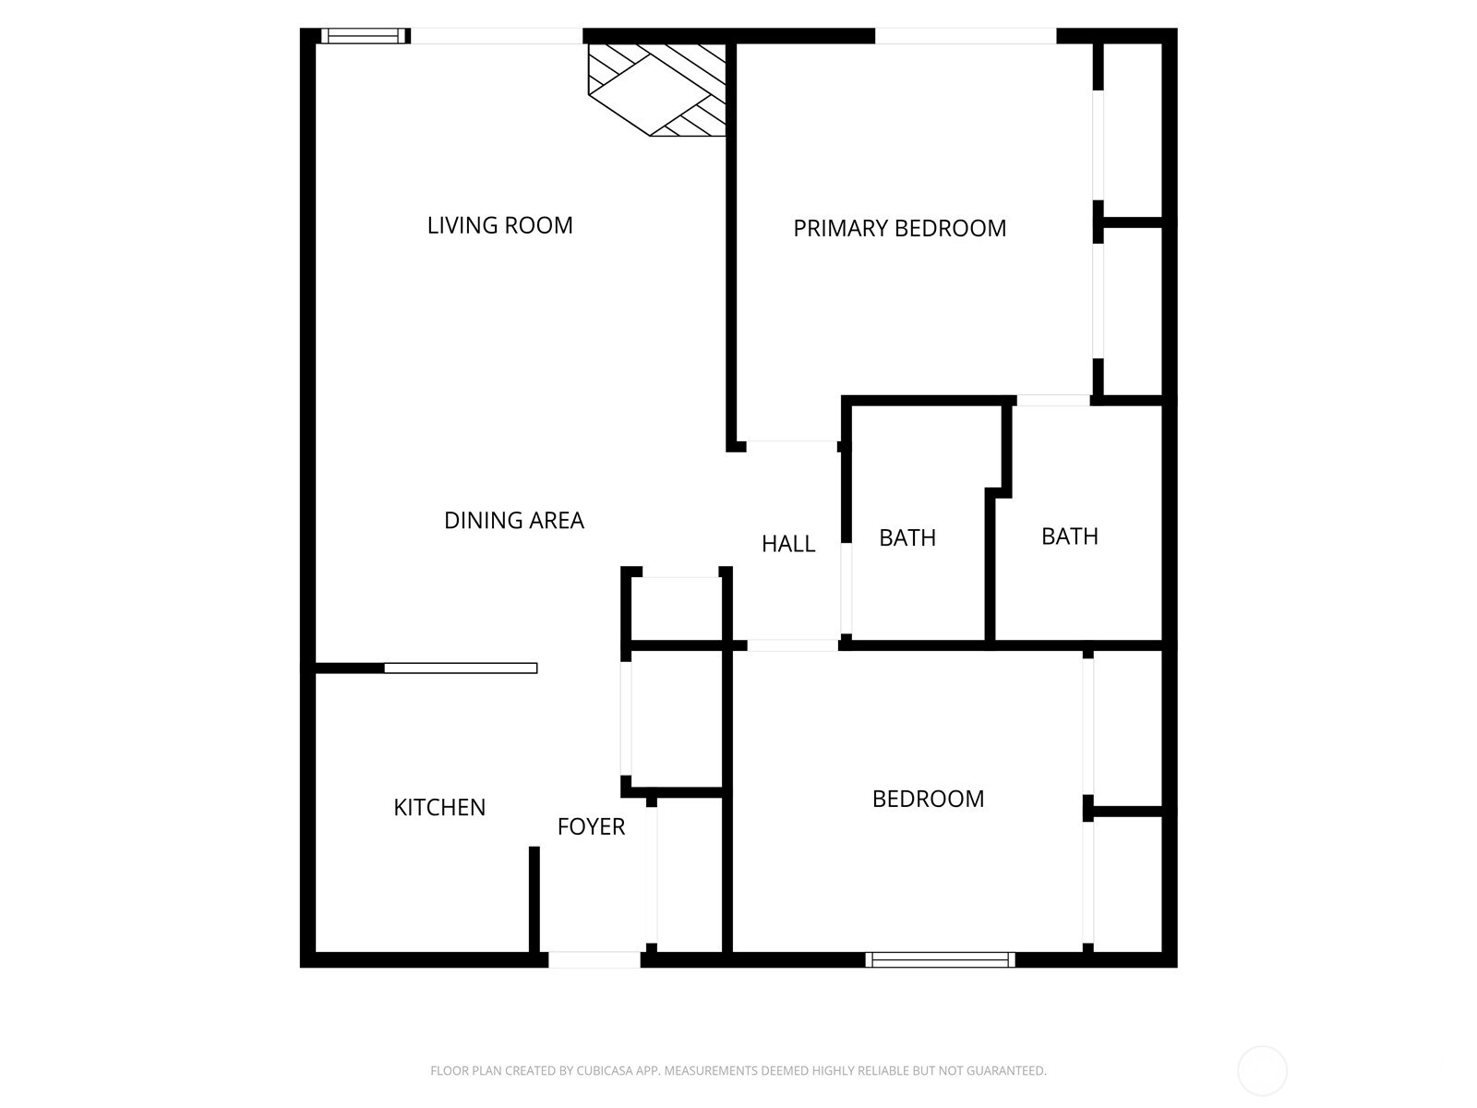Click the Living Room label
click(499, 225)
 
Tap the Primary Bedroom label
click(899, 228)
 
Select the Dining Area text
click(513, 521)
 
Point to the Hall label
click(787, 544)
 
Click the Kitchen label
click(439, 807)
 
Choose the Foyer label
click(591, 826)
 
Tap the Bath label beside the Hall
click(907, 537)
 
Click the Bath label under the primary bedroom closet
click(1069, 536)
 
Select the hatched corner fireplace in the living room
click(657, 90)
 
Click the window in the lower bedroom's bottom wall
click(940, 960)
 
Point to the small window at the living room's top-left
click(363, 36)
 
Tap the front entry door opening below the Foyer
click(594, 960)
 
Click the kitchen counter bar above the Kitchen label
click(460, 668)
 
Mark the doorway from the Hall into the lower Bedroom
click(792, 644)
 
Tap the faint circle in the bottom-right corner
click(1262, 1071)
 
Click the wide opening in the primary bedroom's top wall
click(965, 36)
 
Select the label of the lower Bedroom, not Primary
click(928, 799)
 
